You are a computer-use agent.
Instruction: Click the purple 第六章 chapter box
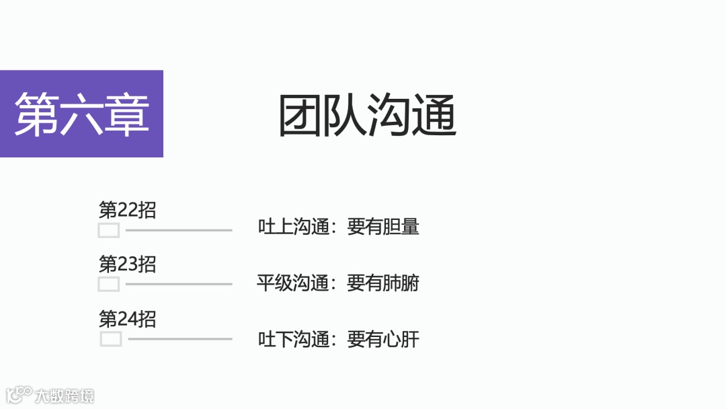81,114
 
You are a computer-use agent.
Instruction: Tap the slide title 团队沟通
368,116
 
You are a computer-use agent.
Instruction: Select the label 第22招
127,210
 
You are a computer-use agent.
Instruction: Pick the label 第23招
127,264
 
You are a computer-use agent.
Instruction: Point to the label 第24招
127,318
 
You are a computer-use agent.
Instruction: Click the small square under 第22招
109,231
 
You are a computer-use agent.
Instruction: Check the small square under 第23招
109,284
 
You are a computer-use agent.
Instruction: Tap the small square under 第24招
111,338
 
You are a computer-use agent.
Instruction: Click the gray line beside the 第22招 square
179,230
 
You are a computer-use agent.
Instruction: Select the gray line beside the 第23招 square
179,284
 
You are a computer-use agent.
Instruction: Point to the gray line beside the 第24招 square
180,338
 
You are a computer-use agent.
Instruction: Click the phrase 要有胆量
383,227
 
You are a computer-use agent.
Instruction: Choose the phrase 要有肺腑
383,283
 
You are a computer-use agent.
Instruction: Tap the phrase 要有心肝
383,340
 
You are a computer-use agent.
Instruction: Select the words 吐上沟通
293,227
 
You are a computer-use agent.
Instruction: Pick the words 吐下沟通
293,340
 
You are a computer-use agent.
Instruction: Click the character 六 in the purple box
81,114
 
